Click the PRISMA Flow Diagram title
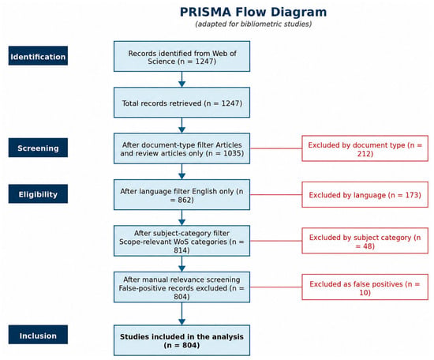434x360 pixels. [253, 12]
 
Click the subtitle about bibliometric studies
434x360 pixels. [253, 24]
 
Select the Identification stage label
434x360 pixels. [38, 56]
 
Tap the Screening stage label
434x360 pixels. [38, 148]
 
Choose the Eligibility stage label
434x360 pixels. [38, 194]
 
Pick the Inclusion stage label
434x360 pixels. [38, 335]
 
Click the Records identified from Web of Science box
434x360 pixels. [181, 57]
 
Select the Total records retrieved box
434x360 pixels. [181, 103]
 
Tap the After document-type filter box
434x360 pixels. [181, 148]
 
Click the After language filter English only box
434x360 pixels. [181, 195]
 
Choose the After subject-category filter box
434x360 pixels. [181, 241]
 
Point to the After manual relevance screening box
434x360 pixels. [181, 287]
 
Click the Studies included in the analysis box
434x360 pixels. [181, 340]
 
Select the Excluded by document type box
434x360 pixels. [365, 148]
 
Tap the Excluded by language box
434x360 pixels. [365, 195]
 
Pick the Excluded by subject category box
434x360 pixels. [365, 241]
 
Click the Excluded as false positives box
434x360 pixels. [365, 287]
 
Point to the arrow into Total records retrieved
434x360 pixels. [181, 80]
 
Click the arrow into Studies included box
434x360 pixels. [181, 313]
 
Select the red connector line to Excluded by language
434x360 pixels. [276, 195]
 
